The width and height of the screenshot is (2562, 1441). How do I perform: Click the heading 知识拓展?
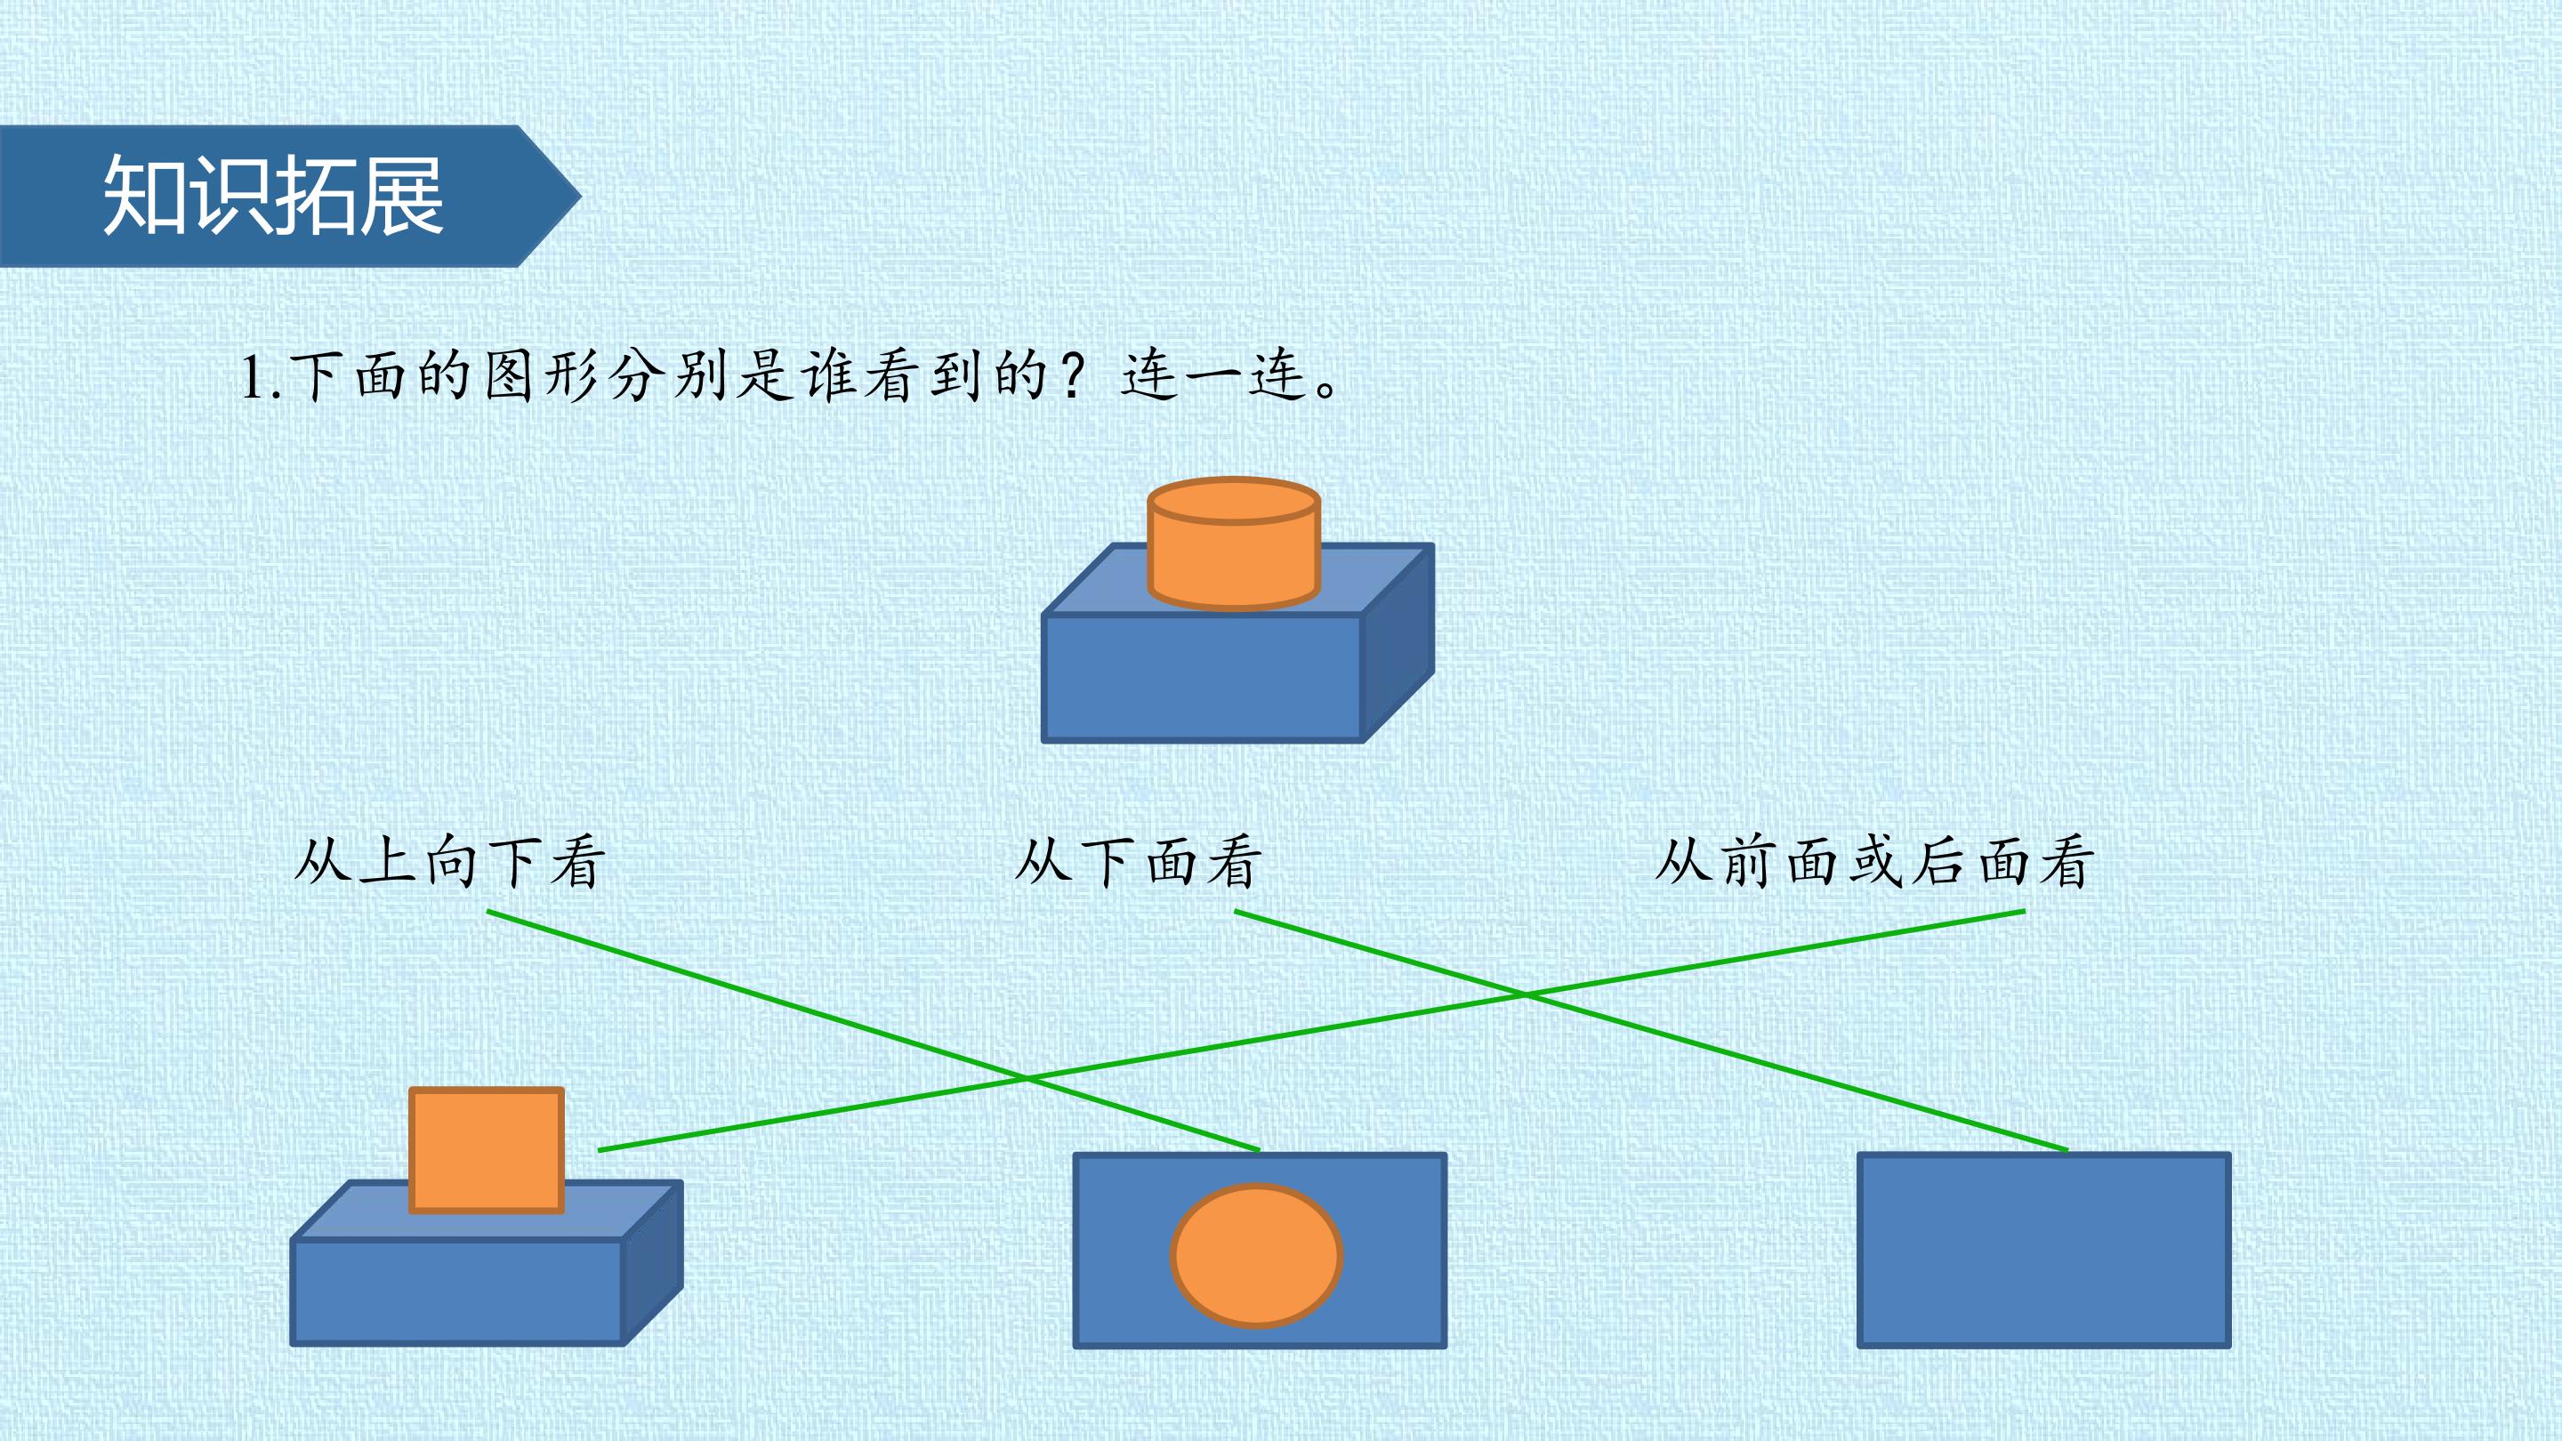click(273, 195)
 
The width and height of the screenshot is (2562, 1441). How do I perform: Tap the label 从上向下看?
click(449, 861)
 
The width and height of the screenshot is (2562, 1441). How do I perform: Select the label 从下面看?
click(1138, 861)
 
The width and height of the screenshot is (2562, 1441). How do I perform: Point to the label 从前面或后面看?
click(1874, 861)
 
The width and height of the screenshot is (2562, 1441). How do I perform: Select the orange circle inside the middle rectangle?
click(1257, 1255)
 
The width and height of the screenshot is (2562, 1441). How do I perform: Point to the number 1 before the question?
click(253, 379)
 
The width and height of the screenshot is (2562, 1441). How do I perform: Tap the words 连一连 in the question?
click(1213, 377)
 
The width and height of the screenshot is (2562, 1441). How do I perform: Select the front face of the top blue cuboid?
click(1202, 677)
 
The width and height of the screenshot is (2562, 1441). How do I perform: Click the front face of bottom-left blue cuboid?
click(457, 1292)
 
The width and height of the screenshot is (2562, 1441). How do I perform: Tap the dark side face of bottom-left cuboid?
click(652, 1263)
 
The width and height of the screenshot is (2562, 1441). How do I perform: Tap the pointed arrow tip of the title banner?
click(580, 196)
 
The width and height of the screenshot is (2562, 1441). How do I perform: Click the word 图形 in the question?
click(542, 377)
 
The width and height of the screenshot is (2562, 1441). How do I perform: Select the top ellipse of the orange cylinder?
click(1233, 500)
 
